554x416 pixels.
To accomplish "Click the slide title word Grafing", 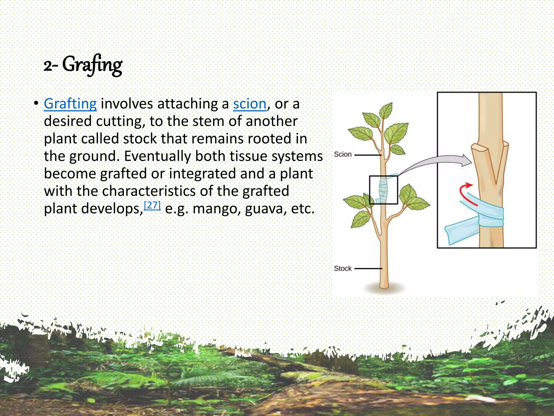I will (92, 65).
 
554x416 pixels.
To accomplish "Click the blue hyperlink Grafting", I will (70, 104).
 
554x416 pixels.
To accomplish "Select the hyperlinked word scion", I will (250, 104).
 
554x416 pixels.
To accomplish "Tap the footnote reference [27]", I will (153, 206).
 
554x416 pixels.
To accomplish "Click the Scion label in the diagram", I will (342, 154).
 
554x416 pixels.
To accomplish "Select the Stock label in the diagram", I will (342, 268).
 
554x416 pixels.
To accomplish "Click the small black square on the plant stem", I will (383, 190).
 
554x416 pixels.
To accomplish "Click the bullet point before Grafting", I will (36, 104).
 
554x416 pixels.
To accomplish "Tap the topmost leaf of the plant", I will (386, 110).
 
